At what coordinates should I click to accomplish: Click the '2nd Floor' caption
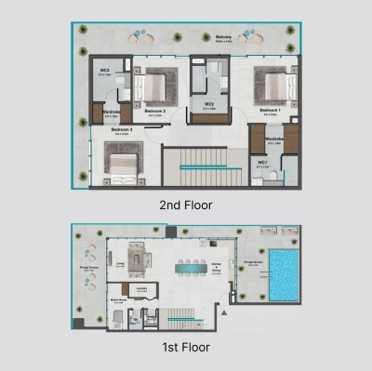186,205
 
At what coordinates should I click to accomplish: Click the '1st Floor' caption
184,347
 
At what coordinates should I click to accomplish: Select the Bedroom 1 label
270,110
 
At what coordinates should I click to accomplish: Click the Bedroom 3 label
122,129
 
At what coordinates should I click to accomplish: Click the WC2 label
210,105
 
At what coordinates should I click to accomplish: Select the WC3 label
105,70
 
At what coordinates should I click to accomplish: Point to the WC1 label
263,163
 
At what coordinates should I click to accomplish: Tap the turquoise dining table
193,268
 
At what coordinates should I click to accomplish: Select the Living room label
121,263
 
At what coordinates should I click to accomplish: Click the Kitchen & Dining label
215,267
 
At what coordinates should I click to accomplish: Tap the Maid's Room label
118,300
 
